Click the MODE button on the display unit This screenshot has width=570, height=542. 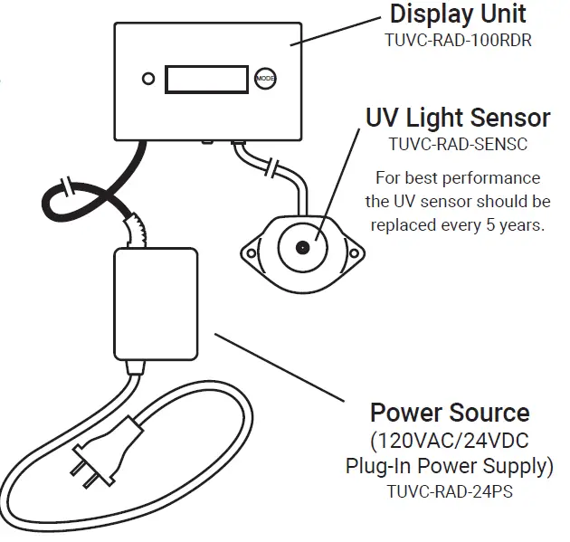coord(265,79)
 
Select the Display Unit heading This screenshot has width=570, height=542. coord(457,14)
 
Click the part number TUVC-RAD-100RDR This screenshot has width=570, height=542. coord(457,41)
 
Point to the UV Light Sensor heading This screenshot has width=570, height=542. coord(457,118)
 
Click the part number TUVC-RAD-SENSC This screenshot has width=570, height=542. coord(457,144)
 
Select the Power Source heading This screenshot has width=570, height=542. coord(450,414)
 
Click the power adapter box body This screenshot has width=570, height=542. coord(155,304)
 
